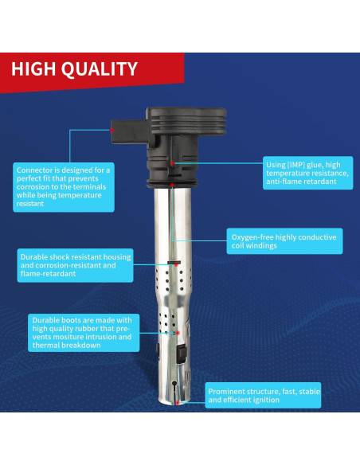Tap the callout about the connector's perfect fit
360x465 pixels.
click(x=63, y=187)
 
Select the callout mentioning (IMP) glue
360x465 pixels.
click(x=307, y=173)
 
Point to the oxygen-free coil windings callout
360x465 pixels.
click(x=284, y=241)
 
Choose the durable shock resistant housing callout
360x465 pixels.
click(x=74, y=265)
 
